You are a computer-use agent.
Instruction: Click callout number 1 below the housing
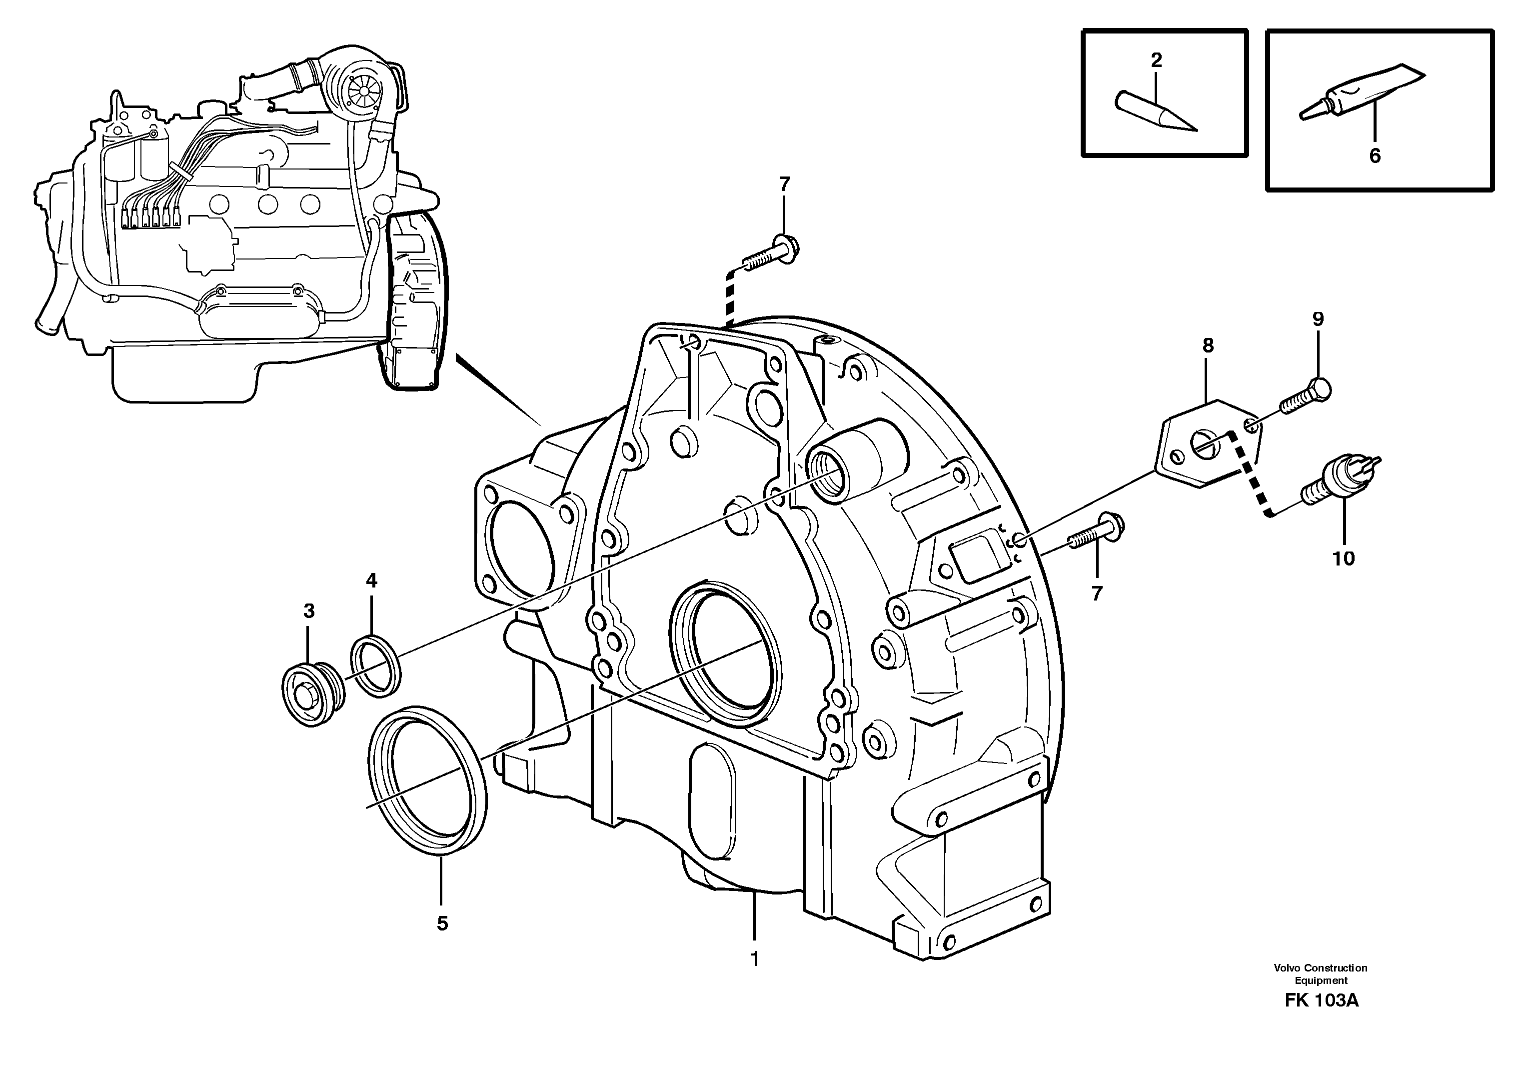tap(754, 959)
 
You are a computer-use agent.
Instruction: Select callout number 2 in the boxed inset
tap(1156, 60)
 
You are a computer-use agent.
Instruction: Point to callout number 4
tap(371, 580)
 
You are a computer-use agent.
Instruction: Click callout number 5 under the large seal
tap(442, 923)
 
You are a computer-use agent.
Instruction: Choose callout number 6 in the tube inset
tap(1375, 156)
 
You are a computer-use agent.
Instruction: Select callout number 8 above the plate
tap(1208, 346)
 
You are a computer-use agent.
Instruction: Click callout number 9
tap(1318, 319)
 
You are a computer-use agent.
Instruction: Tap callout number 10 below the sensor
tap(1344, 558)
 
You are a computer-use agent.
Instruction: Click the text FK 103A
tap(1321, 1019)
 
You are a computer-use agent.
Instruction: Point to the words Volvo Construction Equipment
tap(1320, 974)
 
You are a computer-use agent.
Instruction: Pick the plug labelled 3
tap(312, 693)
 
